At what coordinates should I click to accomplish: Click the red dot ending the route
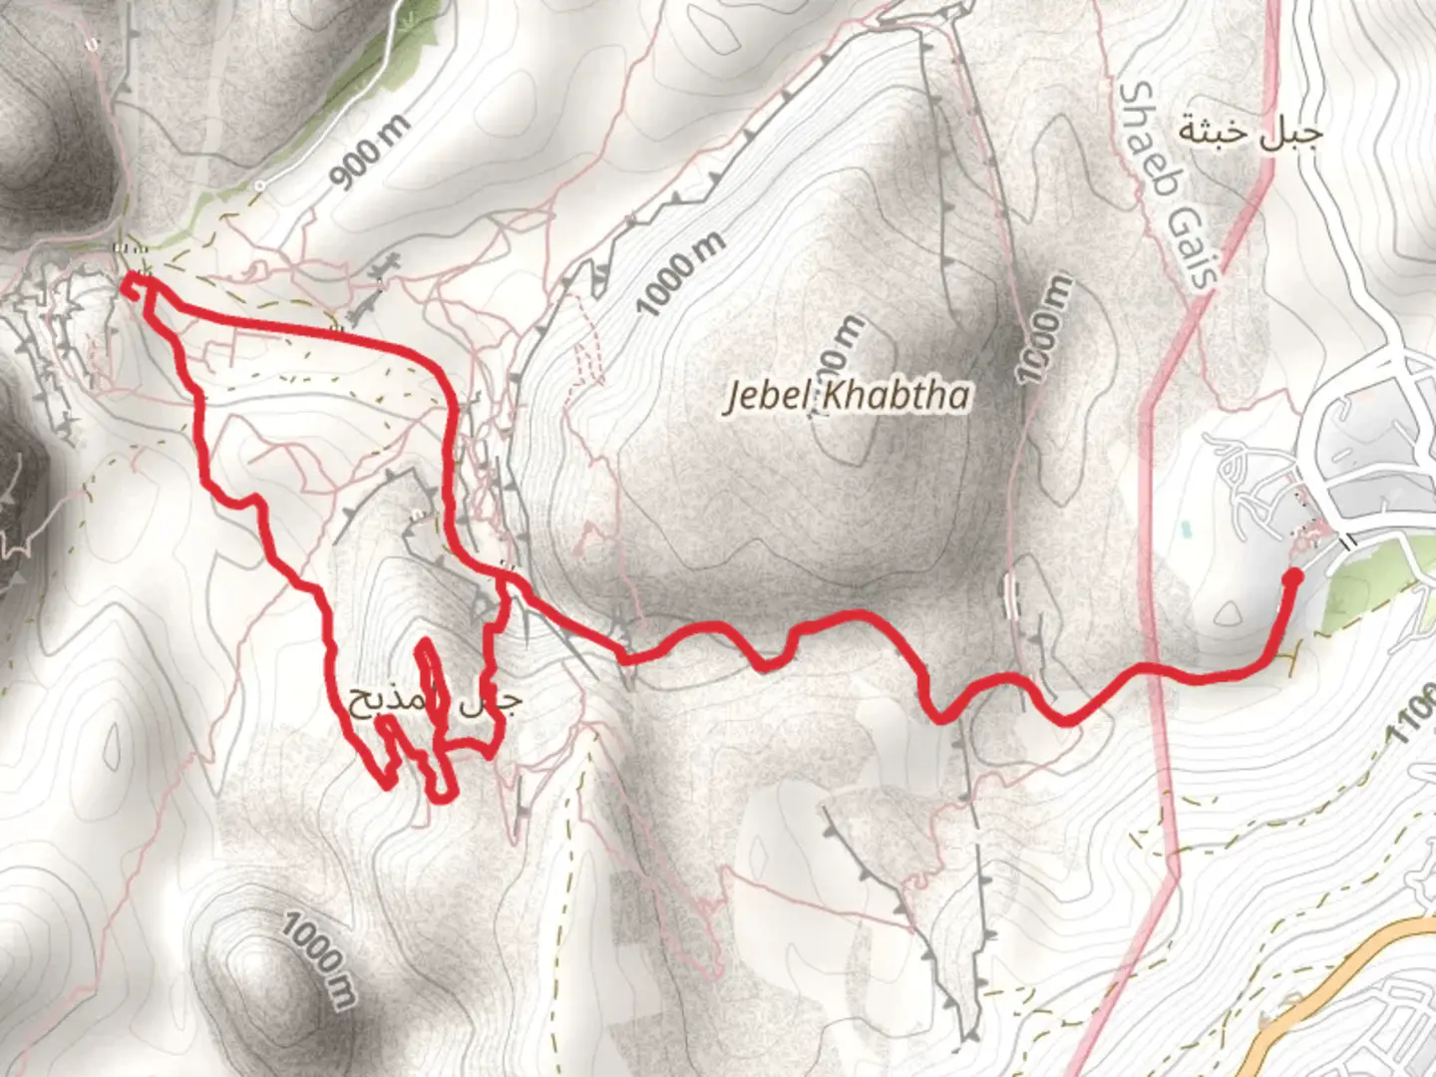(x=1292, y=575)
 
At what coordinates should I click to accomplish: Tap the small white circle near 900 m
(x=259, y=185)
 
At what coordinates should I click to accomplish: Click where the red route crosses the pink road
(x=1157, y=666)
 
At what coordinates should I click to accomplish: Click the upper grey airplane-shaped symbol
(x=385, y=267)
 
